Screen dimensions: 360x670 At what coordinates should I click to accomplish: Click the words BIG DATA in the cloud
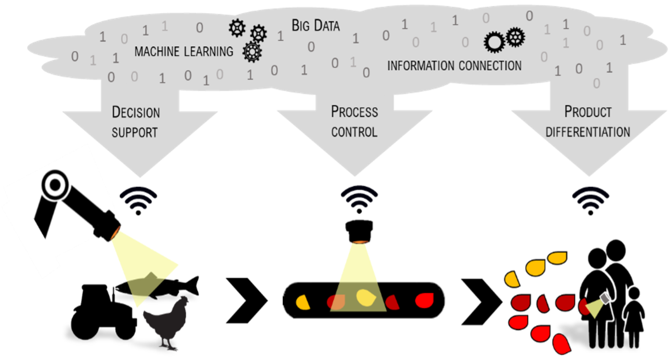pos(316,26)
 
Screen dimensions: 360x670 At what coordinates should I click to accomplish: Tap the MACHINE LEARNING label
pos(184,51)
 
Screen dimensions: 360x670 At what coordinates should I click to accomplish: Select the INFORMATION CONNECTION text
pos(454,66)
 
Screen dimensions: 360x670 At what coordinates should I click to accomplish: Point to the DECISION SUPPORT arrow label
pos(136,122)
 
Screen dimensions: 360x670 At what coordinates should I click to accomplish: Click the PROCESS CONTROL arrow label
pos(354,122)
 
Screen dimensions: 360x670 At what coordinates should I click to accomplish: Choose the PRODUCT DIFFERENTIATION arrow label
pos(588,122)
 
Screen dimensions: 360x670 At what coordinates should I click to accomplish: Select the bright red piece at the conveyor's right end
pos(426,299)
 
